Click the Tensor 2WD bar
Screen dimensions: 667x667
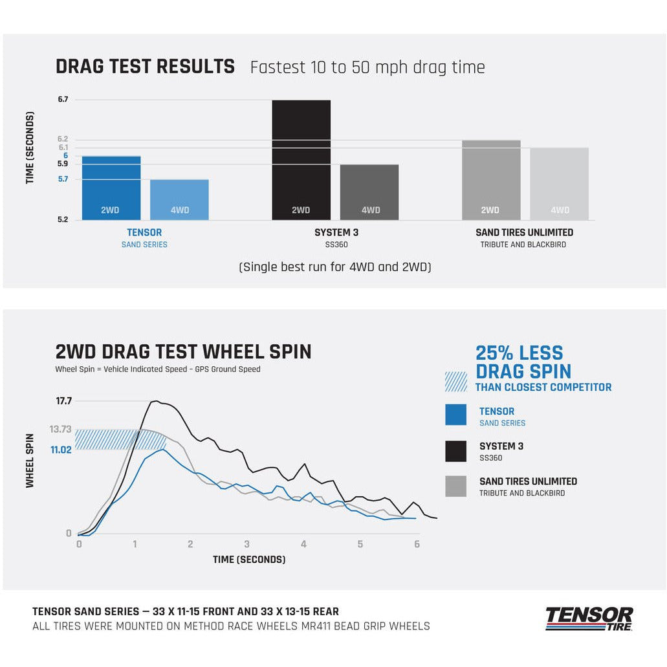[x=111, y=188]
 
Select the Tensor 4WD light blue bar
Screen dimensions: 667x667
[x=179, y=199]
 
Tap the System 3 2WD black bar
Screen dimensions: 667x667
[x=301, y=160]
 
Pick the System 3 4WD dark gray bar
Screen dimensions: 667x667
[x=369, y=192]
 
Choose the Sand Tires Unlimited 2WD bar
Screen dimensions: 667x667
[x=491, y=180]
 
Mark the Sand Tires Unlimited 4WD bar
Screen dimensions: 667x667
[x=559, y=184]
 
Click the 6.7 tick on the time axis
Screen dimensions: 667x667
[x=63, y=100]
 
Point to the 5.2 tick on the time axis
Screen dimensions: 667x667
[x=63, y=220]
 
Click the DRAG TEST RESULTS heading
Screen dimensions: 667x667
[x=145, y=67]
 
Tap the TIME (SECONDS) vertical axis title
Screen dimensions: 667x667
[x=30, y=148]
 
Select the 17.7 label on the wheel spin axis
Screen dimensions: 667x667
[x=64, y=401]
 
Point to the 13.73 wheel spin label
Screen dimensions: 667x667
[x=61, y=429]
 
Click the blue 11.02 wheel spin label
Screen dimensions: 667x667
[x=61, y=449]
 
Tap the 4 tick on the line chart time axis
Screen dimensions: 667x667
[x=303, y=545]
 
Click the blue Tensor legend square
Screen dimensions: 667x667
[x=455, y=415]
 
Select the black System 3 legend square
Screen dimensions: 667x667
[x=455, y=451]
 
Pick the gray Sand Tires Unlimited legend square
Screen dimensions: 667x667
[x=455, y=486]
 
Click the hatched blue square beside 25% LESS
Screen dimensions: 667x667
[x=455, y=382]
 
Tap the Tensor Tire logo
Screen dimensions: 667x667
[x=589, y=618]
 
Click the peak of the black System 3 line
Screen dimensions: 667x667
[x=155, y=401]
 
